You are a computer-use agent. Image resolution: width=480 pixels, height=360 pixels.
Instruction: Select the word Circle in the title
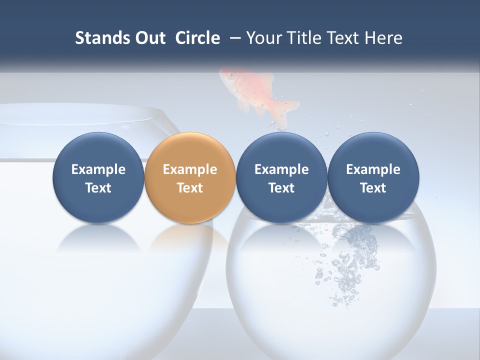click(x=197, y=38)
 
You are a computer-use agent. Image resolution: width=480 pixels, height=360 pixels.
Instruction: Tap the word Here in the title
click(x=383, y=38)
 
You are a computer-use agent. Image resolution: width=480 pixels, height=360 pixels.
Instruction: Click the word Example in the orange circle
click(x=190, y=169)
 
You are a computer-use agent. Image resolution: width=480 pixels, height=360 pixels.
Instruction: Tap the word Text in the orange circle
click(x=190, y=188)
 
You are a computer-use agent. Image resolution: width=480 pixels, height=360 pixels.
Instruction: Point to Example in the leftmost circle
click(x=98, y=169)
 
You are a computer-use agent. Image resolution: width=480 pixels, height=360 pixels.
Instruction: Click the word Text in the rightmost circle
click(x=373, y=188)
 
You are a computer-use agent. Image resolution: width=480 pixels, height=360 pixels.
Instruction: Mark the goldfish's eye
click(x=231, y=75)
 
